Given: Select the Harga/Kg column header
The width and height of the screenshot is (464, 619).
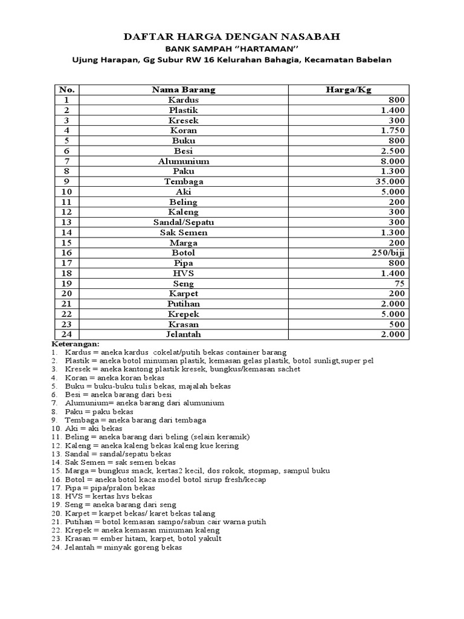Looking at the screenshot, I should click(349, 89).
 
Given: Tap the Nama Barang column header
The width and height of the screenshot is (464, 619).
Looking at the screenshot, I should click(184, 89).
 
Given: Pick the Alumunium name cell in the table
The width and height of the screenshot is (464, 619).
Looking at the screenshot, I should click(184, 161).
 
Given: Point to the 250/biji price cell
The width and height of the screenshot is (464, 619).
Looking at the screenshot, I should click(388, 253).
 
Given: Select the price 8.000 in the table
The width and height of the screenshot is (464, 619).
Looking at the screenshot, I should click(394, 161).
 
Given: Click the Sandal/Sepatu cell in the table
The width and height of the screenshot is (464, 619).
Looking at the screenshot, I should click(184, 222).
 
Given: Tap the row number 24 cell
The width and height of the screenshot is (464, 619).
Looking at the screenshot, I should click(66, 334).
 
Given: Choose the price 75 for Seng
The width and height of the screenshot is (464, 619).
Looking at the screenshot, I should click(400, 283).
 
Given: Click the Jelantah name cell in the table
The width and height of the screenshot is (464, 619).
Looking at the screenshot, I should click(184, 334).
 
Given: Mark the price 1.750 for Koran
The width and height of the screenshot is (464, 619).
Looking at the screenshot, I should click(394, 131).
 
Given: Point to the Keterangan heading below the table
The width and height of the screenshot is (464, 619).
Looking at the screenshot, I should click(73, 343).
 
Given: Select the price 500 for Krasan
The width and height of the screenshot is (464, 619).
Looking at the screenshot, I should click(398, 323).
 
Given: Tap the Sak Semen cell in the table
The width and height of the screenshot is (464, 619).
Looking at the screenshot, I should click(184, 232).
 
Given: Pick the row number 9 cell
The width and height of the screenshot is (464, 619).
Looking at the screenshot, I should click(66, 181).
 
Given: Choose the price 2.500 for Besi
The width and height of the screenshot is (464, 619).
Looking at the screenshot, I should click(394, 151).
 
